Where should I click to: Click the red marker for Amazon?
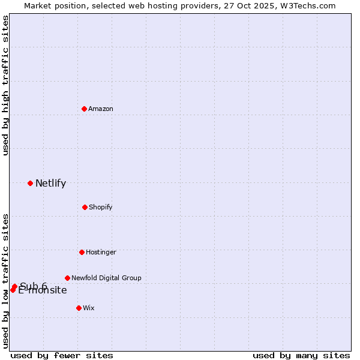coord(85,109)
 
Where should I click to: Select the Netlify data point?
coord(30,183)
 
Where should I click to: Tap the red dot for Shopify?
coord(85,207)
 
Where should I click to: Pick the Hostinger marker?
coord(82,252)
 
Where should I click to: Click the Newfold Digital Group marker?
coord(67,278)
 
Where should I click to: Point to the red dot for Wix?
coord(79,308)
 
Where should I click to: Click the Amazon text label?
coord(101,109)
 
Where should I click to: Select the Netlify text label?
coord(50,184)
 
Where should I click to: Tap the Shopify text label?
coord(101,207)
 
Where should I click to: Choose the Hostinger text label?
coord(101,252)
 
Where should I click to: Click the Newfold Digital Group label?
coord(106,278)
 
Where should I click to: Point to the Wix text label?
coord(89,308)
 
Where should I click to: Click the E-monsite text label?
coord(43,291)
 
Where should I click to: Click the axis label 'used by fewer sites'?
coord(62,355)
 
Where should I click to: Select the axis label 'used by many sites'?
coord(301,355)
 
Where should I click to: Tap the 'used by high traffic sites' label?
coord(5,85)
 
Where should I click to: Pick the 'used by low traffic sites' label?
coord(5,280)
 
